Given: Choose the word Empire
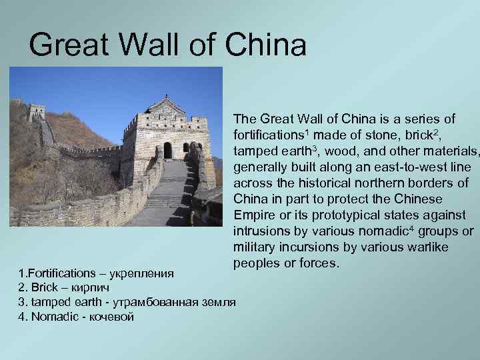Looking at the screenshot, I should click(x=255, y=215).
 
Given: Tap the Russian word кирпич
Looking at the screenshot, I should click(x=87, y=288).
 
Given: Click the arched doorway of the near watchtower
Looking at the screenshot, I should click(x=168, y=150).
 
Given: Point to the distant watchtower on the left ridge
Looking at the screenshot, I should click(x=37, y=112).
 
